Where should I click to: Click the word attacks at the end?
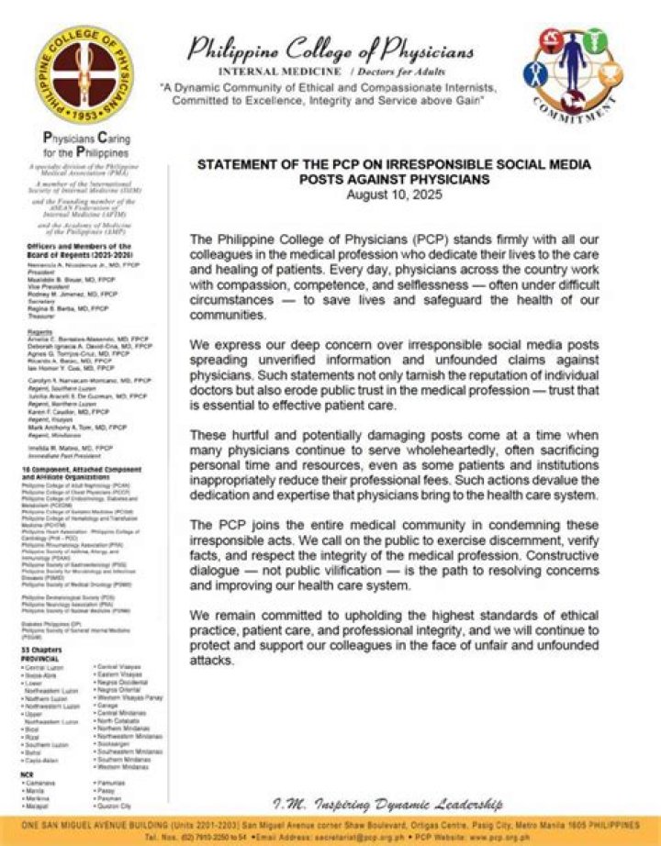213,661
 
